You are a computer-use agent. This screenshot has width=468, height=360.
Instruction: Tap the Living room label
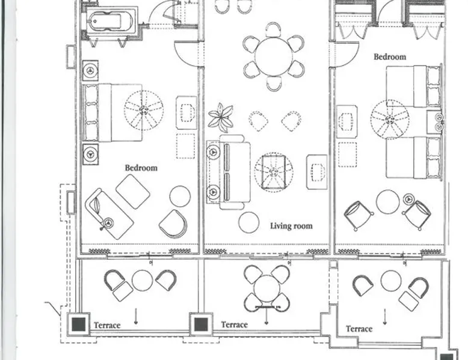click(291, 226)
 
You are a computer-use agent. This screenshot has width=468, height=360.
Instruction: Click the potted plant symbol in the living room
click(221, 118)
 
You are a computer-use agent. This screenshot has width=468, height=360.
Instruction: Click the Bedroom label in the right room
click(390, 56)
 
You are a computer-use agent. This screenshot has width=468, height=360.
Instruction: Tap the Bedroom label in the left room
click(141, 168)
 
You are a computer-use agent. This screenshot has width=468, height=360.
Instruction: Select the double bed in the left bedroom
click(112, 113)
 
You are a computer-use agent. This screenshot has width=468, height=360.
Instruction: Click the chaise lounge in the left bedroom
click(109, 213)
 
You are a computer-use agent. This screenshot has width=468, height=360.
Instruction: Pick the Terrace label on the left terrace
click(107, 325)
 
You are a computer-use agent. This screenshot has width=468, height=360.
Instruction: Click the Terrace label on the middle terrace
click(234, 325)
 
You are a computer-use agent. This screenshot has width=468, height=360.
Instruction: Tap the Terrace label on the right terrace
click(359, 329)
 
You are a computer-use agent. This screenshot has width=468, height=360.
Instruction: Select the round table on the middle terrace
click(266, 288)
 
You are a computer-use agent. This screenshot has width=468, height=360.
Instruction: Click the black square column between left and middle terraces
click(201, 325)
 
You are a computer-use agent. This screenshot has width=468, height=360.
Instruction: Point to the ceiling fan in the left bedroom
click(144, 111)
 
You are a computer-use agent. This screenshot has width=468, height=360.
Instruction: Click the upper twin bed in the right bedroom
click(413, 87)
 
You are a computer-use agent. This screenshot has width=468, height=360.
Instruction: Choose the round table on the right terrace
click(391, 281)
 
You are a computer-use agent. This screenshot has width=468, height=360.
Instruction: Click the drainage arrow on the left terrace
click(136, 317)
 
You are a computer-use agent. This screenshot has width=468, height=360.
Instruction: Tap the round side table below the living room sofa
click(248, 222)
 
